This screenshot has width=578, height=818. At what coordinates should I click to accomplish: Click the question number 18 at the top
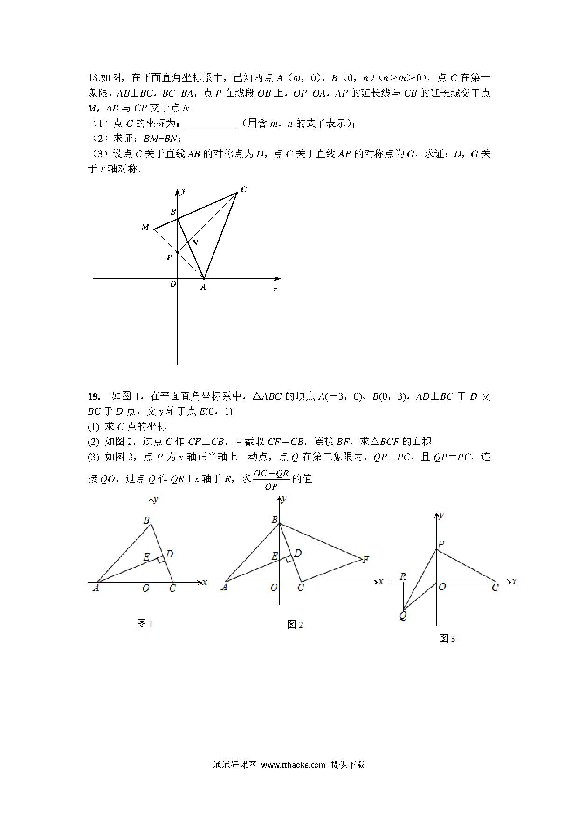[93, 78]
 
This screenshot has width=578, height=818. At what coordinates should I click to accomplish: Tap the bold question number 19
[94, 396]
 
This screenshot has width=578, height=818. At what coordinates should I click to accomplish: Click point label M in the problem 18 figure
[145, 228]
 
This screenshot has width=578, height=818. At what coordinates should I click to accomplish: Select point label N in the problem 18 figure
[195, 243]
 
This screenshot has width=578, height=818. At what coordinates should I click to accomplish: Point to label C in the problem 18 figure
[243, 189]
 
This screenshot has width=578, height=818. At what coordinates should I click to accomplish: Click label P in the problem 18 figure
[169, 257]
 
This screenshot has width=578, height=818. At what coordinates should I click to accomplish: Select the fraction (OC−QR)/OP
[271, 479]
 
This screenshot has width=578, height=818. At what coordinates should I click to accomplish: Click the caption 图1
[145, 624]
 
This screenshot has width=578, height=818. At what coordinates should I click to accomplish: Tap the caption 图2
[295, 624]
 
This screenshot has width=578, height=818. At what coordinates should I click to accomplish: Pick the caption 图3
[447, 638]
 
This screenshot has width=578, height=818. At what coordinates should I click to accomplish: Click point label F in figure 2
[366, 559]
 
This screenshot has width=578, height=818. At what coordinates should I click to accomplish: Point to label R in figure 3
[403, 577]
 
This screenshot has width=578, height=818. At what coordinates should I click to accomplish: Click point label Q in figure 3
[403, 616]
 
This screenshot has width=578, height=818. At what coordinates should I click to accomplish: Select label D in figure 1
[170, 554]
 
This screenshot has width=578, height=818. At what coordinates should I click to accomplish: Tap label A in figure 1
[96, 588]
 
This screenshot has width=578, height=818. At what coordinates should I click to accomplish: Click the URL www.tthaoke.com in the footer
[293, 765]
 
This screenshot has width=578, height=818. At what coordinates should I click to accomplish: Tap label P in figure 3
[441, 544]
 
